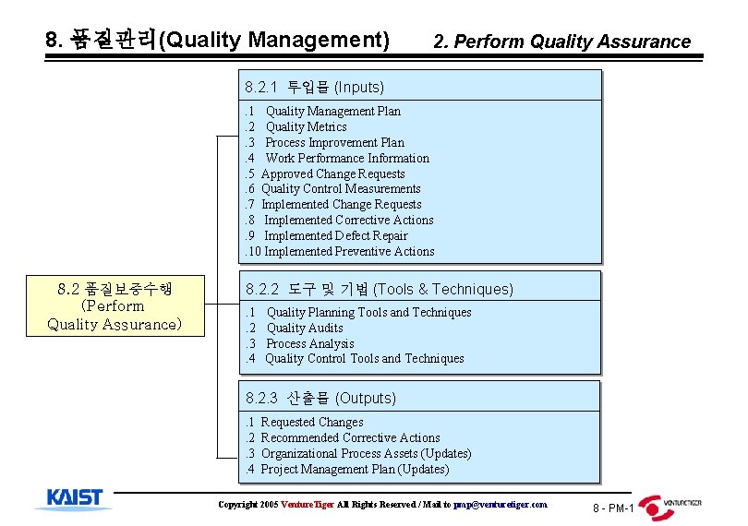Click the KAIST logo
[x=76, y=498]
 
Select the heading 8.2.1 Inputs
[x=315, y=88]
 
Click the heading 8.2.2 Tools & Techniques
[x=379, y=289]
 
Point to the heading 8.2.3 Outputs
[x=321, y=399]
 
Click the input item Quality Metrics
[x=306, y=126]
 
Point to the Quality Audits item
[x=305, y=328]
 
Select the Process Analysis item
[x=309, y=343]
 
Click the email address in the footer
[x=500, y=505]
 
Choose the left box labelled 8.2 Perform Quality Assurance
[x=115, y=306]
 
